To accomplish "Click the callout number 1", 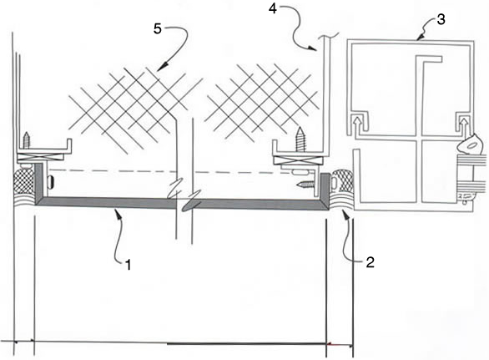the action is coord(129,265).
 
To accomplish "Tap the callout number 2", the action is coord(370,262).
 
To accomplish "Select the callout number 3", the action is coord(441,19).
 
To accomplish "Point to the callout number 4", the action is coord(273,8).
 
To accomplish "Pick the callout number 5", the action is coord(158,28).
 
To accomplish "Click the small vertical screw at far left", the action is coord(27,139).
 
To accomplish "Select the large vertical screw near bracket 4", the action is coord(300,139).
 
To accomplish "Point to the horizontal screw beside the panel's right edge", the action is coord(307,185).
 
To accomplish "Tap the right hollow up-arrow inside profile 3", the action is coord(464,124).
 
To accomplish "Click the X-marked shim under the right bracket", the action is coord(299,160).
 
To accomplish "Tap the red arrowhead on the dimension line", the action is coord(331,344).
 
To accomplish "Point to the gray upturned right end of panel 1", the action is coord(325,190).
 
